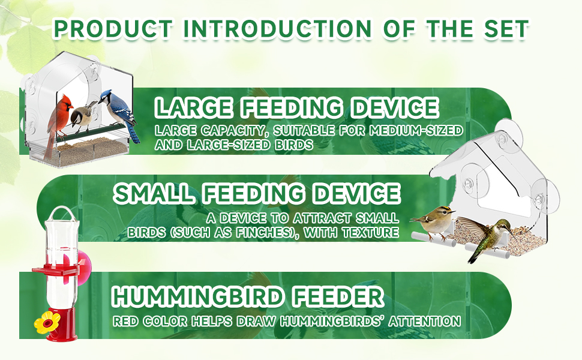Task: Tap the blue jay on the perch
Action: pos(119,113)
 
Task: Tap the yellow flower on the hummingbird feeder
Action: pos(47,322)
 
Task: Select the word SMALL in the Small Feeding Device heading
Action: pos(154,193)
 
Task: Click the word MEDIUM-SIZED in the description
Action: pos(416,131)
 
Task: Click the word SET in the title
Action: pos(506,29)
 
